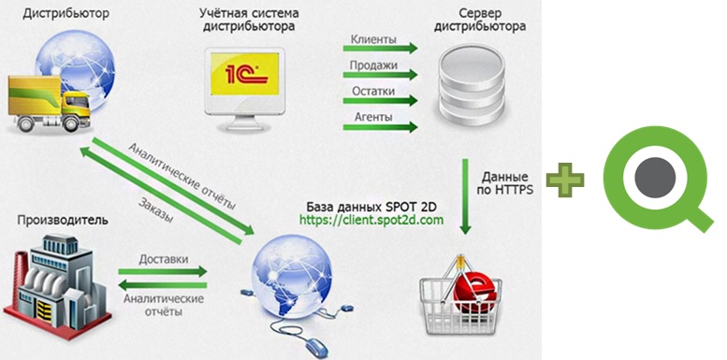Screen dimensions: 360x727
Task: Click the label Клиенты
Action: (372, 41)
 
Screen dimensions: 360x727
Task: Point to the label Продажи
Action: (372, 66)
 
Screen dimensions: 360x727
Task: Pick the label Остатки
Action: (372, 93)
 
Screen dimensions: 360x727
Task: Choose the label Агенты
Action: (372, 118)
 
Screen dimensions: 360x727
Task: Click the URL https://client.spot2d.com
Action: (371, 221)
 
